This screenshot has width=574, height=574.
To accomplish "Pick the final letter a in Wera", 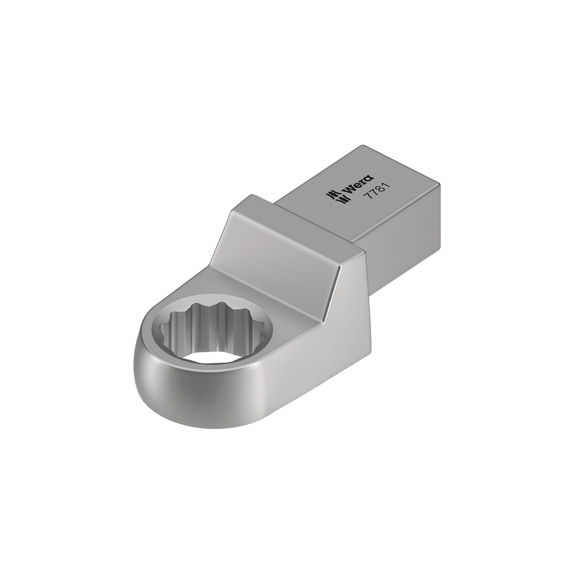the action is pos(369,179).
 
